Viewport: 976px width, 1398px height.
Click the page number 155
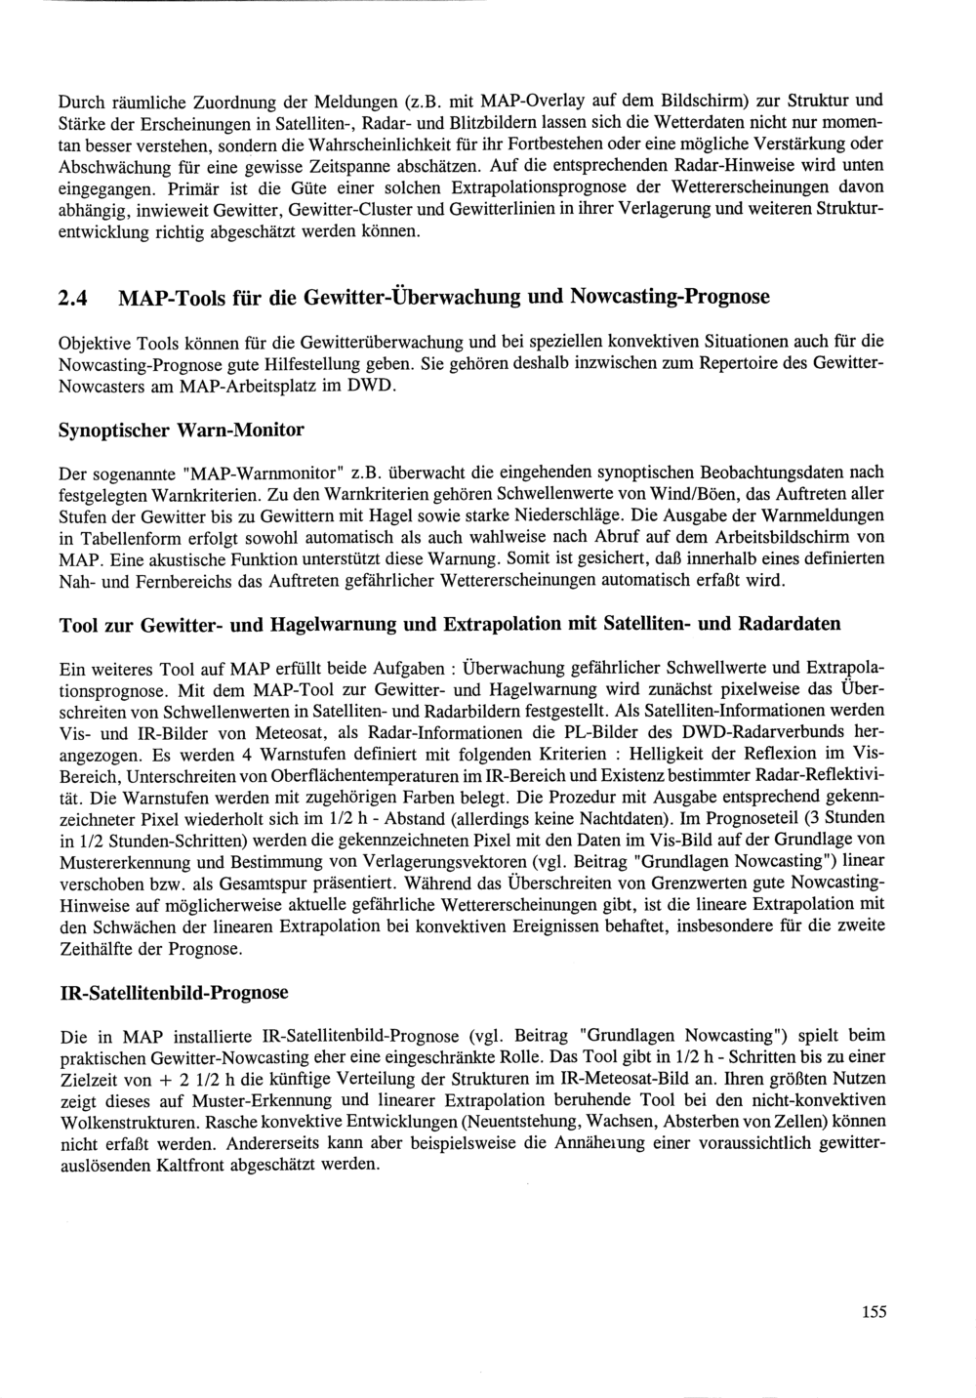[874, 1312]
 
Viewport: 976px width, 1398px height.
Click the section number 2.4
[76, 297]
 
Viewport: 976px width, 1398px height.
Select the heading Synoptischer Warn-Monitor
[182, 431]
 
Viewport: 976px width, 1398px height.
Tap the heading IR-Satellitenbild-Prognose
[175, 993]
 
